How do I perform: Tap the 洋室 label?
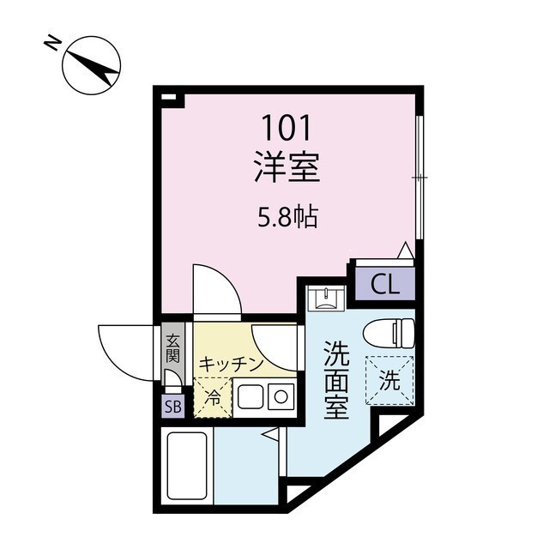pos(287,167)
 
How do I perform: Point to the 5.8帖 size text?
pos(288,218)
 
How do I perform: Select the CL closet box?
pos(385,284)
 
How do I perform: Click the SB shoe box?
pos(172,407)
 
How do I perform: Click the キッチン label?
pos(230,364)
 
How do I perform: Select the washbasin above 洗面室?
pos(328,298)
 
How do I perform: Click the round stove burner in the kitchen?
pos(280,397)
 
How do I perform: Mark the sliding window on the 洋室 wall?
pos(419,176)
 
